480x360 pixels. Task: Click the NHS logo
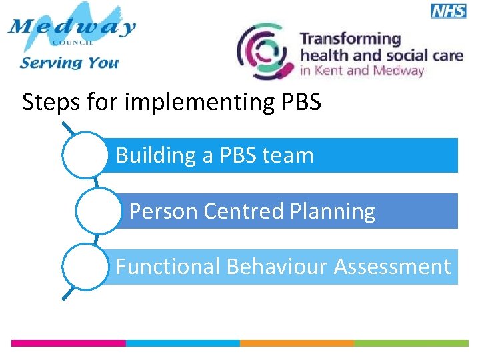coord(448,10)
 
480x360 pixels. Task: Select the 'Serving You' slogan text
coord(69,63)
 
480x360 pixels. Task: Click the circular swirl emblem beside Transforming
coord(265,51)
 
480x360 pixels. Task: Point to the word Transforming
coord(351,40)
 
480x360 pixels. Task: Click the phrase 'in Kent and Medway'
coord(362,71)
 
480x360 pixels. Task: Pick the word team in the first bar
coord(287,155)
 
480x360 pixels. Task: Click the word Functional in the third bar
coord(168,267)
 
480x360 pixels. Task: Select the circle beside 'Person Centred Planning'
coord(97,211)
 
